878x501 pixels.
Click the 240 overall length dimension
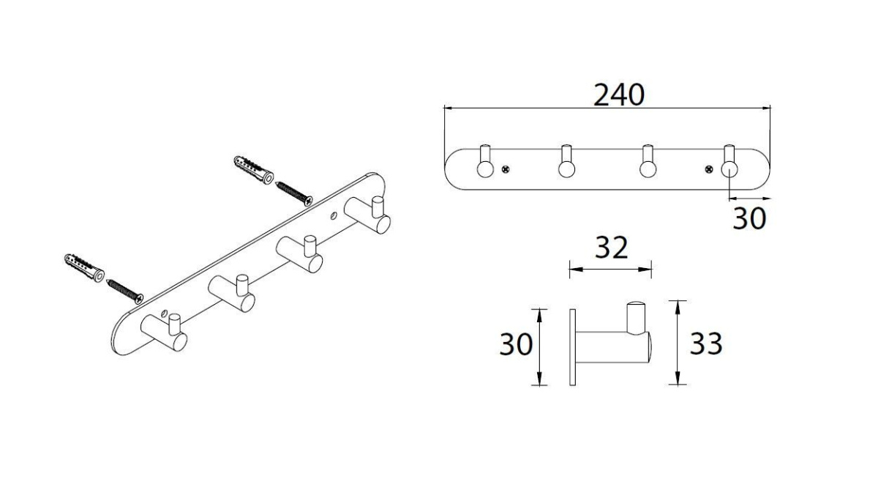(x=619, y=95)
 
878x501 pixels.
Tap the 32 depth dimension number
(x=612, y=248)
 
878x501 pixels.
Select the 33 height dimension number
(x=705, y=344)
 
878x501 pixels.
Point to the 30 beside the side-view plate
(x=516, y=344)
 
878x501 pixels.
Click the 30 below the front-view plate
(x=749, y=218)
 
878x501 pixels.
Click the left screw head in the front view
(x=506, y=169)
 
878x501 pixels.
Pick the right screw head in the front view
(x=709, y=169)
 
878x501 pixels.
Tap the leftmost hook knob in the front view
(x=485, y=169)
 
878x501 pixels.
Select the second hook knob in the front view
(x=566, y=169)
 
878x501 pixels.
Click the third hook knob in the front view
(x=648, y=169)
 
